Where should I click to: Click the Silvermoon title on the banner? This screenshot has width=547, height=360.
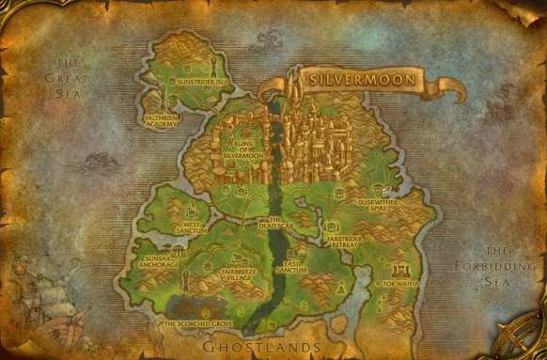point(363,81)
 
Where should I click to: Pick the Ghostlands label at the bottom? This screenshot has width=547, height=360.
point(262,347)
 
